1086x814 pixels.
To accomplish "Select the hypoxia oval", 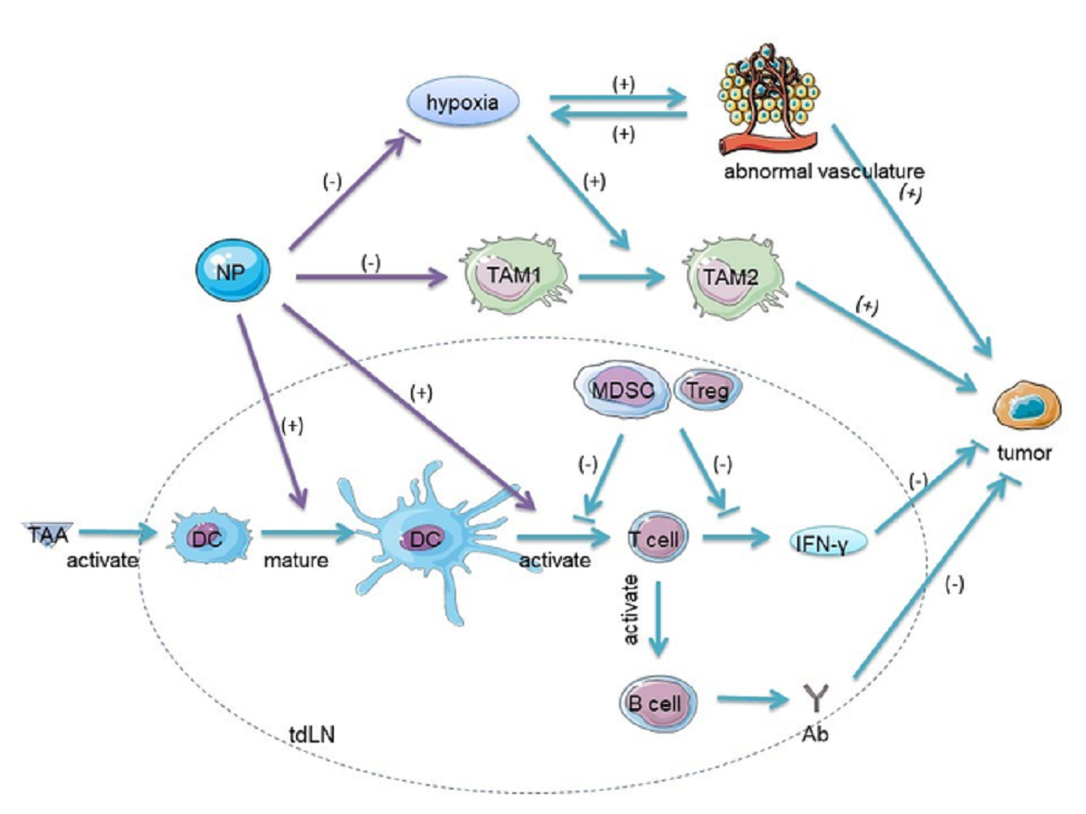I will tap(463, 103).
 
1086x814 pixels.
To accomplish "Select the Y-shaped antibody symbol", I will tap(814, 699).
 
